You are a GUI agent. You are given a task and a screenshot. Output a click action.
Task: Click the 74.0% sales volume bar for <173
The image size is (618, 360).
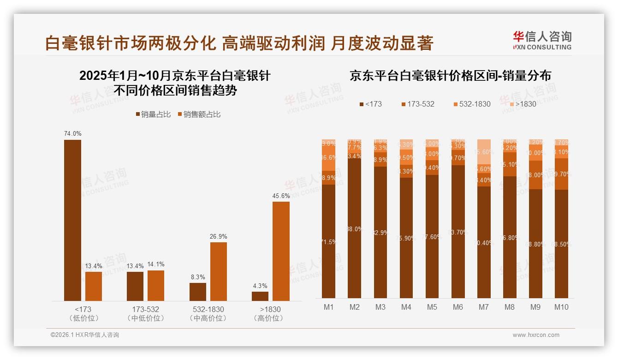72,220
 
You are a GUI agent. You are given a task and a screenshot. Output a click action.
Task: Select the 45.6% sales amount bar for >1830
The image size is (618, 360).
281,251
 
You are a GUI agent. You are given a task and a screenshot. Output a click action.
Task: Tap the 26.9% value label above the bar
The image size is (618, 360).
219,236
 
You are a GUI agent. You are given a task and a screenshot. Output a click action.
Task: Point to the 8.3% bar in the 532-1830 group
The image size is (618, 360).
198,292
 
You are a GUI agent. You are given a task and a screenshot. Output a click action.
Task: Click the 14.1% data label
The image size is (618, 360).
156,264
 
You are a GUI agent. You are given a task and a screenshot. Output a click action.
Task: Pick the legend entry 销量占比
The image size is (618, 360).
153,114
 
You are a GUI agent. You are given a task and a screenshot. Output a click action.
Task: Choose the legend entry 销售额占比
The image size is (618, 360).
199,114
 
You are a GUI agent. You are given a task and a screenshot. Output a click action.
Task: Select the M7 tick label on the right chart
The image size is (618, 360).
484,307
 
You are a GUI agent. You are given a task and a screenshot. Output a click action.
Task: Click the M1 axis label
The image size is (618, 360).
329,307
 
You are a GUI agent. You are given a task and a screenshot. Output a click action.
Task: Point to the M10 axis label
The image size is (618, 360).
561,307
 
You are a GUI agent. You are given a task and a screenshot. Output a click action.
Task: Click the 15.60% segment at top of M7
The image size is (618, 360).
484,151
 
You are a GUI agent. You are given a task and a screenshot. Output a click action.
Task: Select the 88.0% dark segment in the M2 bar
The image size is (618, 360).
355,228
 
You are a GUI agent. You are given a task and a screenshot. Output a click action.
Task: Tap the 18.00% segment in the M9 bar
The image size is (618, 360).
535,175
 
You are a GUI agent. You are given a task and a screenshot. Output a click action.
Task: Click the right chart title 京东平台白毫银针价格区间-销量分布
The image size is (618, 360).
450,76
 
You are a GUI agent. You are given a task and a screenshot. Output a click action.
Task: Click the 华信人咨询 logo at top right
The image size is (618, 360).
542,40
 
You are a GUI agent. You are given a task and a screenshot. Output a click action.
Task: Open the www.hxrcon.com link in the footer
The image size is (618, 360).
536,335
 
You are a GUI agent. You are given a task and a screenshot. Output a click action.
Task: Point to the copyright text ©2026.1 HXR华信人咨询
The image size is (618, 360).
85,335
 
